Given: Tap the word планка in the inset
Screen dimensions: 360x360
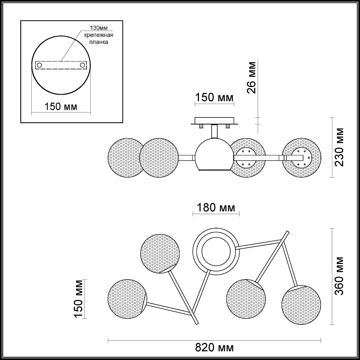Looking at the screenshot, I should (x=96, y=42).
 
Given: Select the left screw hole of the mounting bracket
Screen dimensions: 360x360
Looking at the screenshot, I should (x=40, y=65).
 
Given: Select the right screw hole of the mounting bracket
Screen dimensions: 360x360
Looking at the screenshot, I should (x=82, y=65).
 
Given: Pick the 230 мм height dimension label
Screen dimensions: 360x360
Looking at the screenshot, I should (x=340, y=147).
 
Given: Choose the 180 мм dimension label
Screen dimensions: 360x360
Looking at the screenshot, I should (x=216, y=207).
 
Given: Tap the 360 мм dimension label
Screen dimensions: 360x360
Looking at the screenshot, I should (x=340, y=276).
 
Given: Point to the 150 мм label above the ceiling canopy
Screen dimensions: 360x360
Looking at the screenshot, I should (x=214, y=97).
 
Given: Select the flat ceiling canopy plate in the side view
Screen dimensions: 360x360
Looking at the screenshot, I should (x=214, y=121).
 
